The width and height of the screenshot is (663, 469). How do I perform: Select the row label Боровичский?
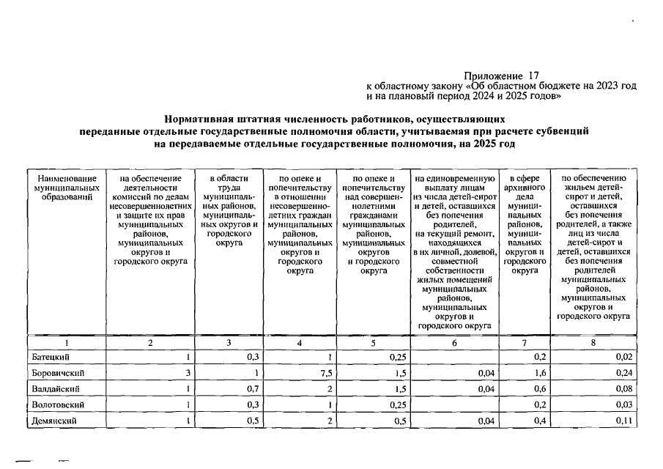(x=56, y=373)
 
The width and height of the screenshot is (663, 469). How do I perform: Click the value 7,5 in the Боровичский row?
(x=326, y=373)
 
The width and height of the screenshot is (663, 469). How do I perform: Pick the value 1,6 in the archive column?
(x=540, y=373)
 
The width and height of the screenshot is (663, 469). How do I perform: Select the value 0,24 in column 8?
(x=623, y=373)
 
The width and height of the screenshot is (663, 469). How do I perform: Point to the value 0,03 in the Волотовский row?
(x=623, y=405)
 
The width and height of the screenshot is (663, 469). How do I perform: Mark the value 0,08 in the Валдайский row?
(x=623, y=388)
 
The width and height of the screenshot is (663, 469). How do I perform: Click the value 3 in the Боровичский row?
(x=188, y=373)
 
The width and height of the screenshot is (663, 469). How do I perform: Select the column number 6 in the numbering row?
(x=453, y=341)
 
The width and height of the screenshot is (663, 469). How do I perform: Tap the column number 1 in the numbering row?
(x=67, y=341)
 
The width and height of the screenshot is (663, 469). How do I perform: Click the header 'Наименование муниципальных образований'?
(x=67, y=188)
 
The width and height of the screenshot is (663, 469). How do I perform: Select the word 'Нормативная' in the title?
(x=204, y=117)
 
